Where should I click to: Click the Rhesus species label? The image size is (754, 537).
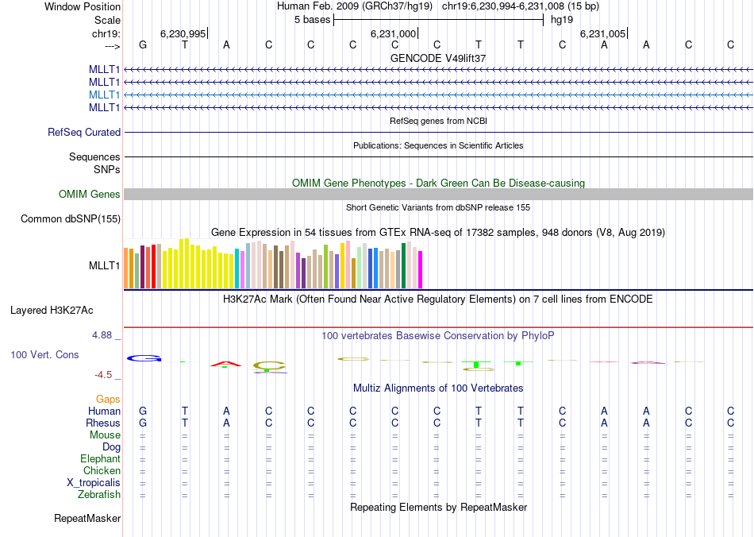[x=104, y=423]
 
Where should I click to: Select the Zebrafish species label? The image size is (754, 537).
[x=101, y=495]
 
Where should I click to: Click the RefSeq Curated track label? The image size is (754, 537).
[x=84, y=133]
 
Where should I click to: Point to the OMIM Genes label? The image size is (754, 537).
[x=90, y=195]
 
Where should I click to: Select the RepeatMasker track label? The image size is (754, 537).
[x=87, y=519]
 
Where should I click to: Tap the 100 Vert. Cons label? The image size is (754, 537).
[x=44, y=354]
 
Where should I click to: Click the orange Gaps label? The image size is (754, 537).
[x=108, y=399]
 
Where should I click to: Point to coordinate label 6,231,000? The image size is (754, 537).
[x=393, y=33]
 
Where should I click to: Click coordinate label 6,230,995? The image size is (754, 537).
[x=183, y=33]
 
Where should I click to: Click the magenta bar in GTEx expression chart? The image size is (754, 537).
[x=421, y=270]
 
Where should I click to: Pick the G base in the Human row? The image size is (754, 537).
[x=143, y=411]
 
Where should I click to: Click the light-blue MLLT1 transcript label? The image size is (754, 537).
[x=105, y=95]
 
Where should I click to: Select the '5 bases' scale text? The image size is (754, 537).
[x=311, y=19]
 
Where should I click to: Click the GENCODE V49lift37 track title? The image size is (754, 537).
[x=438, y=59]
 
